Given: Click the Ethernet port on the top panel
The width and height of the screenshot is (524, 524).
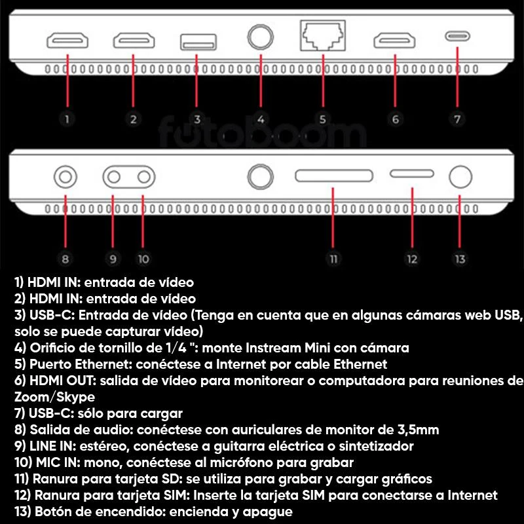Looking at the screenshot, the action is pos(322,35).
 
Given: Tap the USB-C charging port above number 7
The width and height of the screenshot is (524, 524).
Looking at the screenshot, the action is pos(457,36).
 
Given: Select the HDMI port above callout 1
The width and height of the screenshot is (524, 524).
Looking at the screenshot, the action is pos(67,41).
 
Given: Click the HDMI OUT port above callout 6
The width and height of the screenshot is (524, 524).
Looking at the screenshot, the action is pos(394,41).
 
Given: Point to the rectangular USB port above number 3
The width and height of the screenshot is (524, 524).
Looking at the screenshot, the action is pos(198,42).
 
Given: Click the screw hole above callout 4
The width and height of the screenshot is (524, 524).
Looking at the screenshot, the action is pos(260,37).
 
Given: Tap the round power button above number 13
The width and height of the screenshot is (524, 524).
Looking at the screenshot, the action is pos(460,176).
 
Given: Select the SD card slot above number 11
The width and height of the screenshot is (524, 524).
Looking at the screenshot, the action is pos(334,176).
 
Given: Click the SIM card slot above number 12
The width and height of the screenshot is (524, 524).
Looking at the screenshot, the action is pos(412,174).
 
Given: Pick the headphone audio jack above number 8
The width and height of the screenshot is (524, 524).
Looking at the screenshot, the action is pos(65,176).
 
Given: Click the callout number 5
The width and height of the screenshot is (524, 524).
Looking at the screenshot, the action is pos(322,119).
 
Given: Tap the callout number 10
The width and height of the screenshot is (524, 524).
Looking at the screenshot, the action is pos(143,259).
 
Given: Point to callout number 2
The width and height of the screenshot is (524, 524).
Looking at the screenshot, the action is pos(134,119).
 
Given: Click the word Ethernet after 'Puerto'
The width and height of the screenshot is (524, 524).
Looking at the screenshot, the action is pos(105,364).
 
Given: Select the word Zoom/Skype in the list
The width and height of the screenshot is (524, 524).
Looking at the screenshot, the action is pos(54,397).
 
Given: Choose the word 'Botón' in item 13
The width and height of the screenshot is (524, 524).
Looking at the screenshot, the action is pos(52,512).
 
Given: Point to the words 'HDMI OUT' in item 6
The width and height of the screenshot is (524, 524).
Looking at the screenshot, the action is pos(62,381).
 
